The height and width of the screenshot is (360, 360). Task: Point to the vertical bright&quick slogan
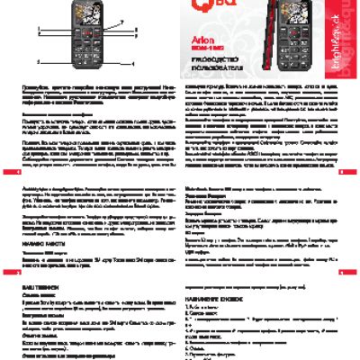pos(346,40)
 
